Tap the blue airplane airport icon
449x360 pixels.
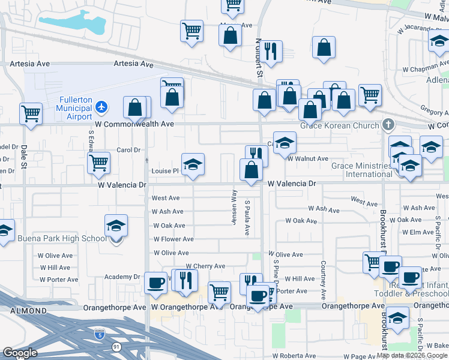pos(101,107)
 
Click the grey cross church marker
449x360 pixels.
pos(388,125)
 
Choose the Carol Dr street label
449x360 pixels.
pos(128,150)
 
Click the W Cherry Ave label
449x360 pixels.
pos(205,266)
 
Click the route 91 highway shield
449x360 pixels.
pos(115,347)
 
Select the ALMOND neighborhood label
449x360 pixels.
pos(28,311)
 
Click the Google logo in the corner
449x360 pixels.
pos(20,353)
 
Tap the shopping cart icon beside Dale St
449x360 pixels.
pos(31,113)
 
